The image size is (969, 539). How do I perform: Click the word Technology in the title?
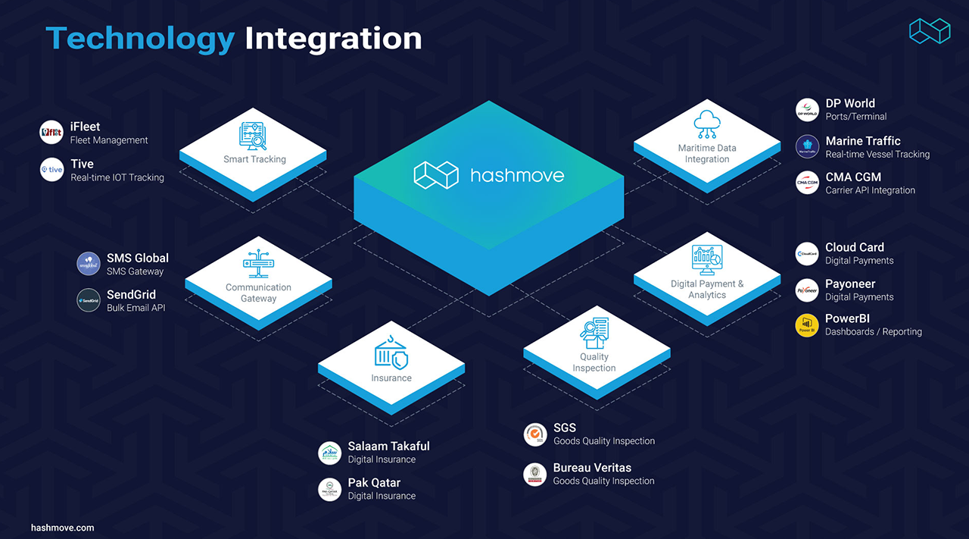(x=140, y=38)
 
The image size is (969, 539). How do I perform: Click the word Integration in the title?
(x=333, y=38)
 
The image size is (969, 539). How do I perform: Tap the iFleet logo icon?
(x=51, y=133)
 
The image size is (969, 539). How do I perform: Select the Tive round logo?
(x=51, y=170)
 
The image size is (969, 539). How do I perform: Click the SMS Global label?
(x=137, y=258)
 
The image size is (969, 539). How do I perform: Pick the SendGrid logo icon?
(x=89, y=300)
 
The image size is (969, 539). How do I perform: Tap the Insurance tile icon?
(x=391, y=353)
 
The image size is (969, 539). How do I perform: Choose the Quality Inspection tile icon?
(x=594, y=332)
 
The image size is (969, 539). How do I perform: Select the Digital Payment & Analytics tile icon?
(x=707, y=260)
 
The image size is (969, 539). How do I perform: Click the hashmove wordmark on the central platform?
(x=517, y=175)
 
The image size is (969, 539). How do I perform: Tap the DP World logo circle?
(x=807, y=110)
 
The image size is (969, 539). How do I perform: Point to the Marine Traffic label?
(x=863, y=141)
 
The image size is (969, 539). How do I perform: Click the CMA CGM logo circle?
(x=807, y=183)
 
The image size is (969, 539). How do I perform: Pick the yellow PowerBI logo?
(x=807, y=325)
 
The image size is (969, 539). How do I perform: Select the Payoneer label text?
(x=850, y=284)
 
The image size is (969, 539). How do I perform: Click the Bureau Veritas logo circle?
(x=535, y=474)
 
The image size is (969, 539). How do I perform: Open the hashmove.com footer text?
(x=63, y=527)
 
